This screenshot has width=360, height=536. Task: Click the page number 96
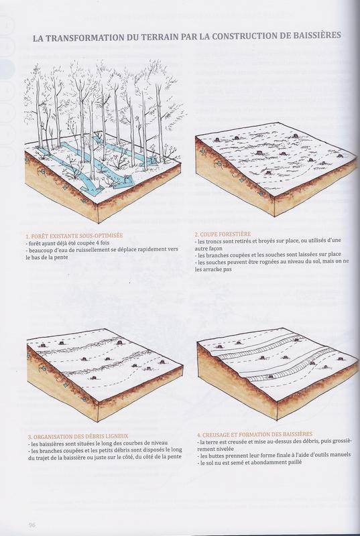[32, 525]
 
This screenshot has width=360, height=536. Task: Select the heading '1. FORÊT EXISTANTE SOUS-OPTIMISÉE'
[74, 237]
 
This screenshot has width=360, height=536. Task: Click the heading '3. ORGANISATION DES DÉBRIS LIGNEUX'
[78, 436]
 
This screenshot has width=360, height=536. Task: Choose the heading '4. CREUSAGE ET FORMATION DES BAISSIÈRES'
[254, 435]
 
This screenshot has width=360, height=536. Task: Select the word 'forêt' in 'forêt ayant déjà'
[35, 243]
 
